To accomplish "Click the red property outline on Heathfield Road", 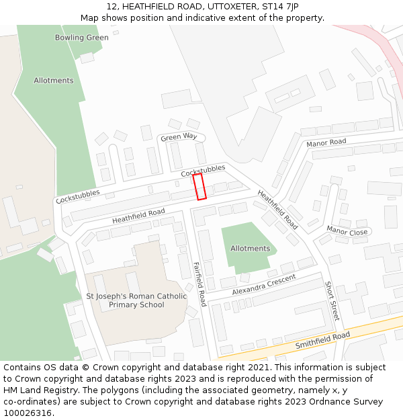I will coord(199,187).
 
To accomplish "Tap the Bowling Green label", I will coord(81,38).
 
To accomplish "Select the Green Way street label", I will coord(179,137).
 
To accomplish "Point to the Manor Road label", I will coord(326,142).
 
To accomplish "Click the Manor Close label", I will coord(347,232).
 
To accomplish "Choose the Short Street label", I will coord(332,300).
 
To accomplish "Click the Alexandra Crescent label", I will coord(264,285).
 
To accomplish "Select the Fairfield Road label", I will coord(199,284).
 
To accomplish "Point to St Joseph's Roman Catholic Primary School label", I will coord(136,300).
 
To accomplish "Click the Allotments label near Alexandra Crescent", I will coord(250,249).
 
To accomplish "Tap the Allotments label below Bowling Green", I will coord(54,81).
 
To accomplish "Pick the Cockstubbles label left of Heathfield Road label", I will coord(78,196).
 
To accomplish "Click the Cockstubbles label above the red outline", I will coord(203,171).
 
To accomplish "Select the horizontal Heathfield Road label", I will coord(138,216).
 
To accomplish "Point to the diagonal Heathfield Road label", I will coord(277,209).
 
